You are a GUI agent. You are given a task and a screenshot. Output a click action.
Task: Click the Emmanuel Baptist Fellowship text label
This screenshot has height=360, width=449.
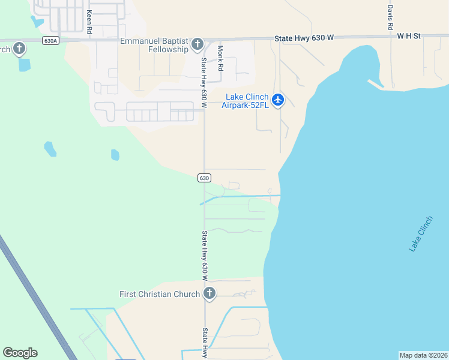pyautogui.click(x=154, y=45)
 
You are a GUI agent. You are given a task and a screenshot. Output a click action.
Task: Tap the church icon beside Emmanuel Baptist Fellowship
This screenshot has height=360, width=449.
pyautogui.click(x=197, y=44)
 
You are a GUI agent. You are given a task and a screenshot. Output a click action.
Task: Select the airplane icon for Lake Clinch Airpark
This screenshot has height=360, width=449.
pyautogui.click(x=277, y=100)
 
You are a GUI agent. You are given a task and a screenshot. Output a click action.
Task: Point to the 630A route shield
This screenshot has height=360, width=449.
pyautogui.click(x=51, y=41)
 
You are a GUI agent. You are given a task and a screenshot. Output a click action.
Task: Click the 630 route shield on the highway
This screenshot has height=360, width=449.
pyautogui.click(x=204, y=178)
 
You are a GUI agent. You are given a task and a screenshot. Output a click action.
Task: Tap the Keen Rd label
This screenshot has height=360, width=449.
pyautogui.click(x=89, y=21)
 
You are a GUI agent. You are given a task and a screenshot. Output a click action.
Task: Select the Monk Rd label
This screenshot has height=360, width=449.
pyautogui.click(x=220, y=58)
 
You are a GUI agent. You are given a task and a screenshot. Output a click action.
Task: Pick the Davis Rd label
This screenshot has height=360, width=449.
pyautogui.click(x=390, y=18)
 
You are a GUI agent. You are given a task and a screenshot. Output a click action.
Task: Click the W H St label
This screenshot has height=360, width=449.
pyautogui.click(x=408, y=37)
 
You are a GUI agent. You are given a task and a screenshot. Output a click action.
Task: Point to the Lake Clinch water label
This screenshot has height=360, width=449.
pyautogui.click(x=420, y=234)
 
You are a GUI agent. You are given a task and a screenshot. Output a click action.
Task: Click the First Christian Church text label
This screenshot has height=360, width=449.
pyautogui.click(x=160, y=294)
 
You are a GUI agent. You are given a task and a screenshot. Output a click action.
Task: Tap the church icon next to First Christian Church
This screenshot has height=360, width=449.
pyautogui.click(x=209, y=293)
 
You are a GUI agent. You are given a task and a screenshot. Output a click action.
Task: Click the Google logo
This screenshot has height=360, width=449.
pyautogui.click(x=20, y=353)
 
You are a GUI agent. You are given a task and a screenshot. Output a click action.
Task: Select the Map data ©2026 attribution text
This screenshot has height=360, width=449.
pyautogui.click(x=424, y=355)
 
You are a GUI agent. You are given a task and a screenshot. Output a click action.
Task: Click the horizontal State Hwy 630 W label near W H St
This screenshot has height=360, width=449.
pyautogui.click(x=304, y=38)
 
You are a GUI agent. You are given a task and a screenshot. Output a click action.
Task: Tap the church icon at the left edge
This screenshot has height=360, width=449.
pyautogui.click(x=19, y=48)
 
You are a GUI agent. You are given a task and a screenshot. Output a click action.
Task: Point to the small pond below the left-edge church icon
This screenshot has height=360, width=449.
pyautogui.click(x=24, y=65)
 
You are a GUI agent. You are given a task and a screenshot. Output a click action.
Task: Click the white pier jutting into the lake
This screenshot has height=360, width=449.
pyautogui.click(x=375, y=83)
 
